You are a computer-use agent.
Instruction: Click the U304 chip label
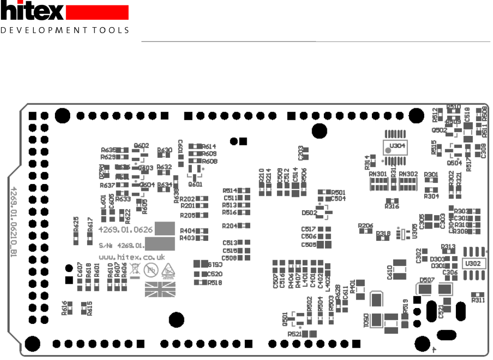pyautogui.click(x=397, y=146)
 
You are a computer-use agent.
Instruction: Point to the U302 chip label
pyautogui.click(x=472, y=264)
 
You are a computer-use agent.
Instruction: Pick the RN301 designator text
pyautogui.click(x=379, y=174)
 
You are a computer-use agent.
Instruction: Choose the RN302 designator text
pyautogui.click(x=408, y=174)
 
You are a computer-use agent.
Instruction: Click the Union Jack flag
pyautogui.click(x=160, y=289)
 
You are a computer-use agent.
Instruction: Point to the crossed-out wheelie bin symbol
pyautogui.click(x=134, y=270)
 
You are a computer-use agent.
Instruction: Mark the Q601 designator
pyautogui.click(x=195, y=184)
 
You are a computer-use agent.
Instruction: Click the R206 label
pyautogui.click(x=365, y=225)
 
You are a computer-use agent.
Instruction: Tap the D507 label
pyautogui.click(x=427, y=280)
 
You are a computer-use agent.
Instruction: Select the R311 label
pyautogui.click(x=478, y=300)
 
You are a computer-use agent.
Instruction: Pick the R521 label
pyautogui.click(x=294, y=334)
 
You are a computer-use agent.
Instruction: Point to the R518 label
pyautogui.click(x=215, y=282)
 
